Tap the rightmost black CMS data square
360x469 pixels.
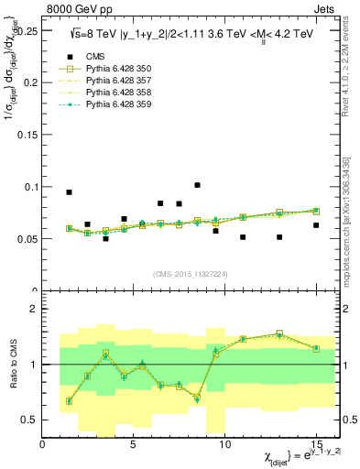316,225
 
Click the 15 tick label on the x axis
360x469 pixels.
316,444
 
